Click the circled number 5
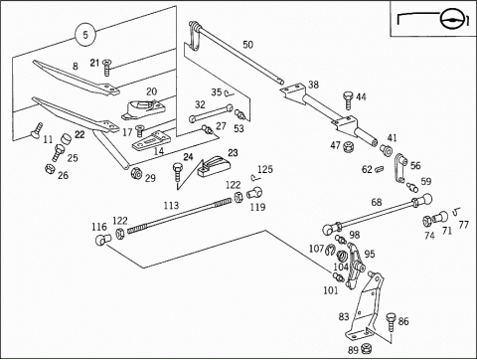[x=85, y=35]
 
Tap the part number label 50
[x=247, y=45]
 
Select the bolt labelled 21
[x=107, y=68]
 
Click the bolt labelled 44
[x=349, y=100]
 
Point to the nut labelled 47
[x=348, y=146]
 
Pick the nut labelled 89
[x=366, y=348]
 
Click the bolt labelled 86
[x=391, y=321]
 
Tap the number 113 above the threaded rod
[x=171, y=206]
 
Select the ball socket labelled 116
[x=103, y=239]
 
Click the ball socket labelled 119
[x=254, y=193]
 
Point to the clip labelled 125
[x=254, y=178]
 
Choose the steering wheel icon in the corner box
[x=449, y=19]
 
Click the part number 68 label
[x=377, y=202]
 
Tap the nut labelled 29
[x=136, y=173]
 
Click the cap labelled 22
[x=67, y=138]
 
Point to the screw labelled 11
[x=37, y=130]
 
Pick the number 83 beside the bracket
[x=344, y=316]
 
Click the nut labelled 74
[x=427, y=221]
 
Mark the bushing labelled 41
[x=386, y=150]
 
